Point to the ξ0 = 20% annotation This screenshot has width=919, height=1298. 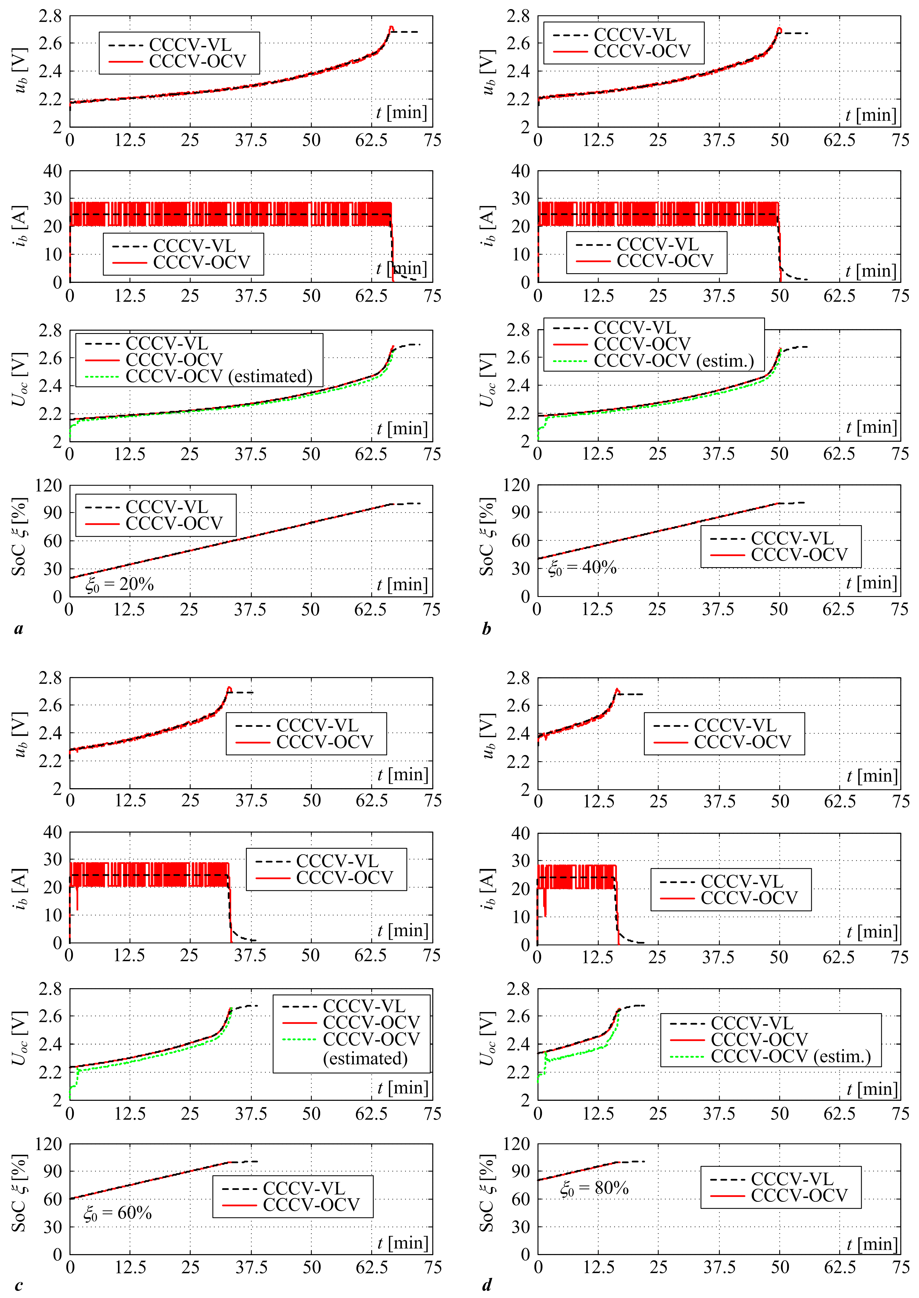click(x=119, y=584)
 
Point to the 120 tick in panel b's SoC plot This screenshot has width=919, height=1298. click(x=517, y=485)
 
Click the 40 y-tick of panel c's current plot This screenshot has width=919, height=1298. click(x=53, y=832)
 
